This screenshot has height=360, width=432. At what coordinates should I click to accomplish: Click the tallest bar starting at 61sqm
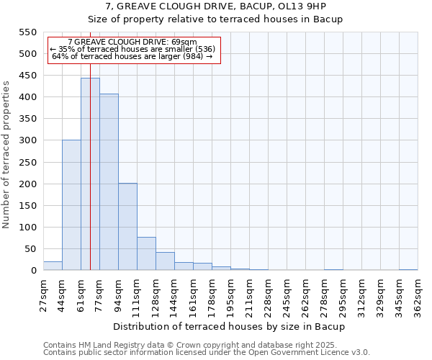click(90, 174)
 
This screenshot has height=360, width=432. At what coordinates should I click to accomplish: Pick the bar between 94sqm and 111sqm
click(127, 227)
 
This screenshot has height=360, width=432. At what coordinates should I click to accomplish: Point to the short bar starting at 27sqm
click(53, 266)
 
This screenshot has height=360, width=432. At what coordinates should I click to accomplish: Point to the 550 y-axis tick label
click(27, 32)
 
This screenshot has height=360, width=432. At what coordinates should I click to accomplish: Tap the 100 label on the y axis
click(27, 228)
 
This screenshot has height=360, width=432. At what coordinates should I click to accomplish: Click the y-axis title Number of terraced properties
click(6, 155)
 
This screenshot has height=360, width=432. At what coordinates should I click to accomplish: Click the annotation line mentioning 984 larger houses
click(132, 56)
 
